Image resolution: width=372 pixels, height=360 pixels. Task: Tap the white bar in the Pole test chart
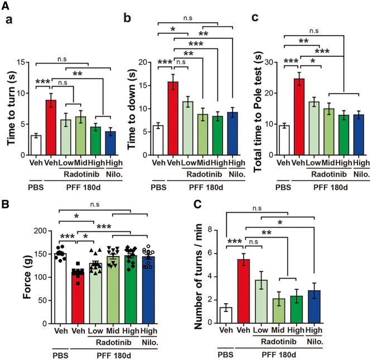[x=284, y=134]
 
